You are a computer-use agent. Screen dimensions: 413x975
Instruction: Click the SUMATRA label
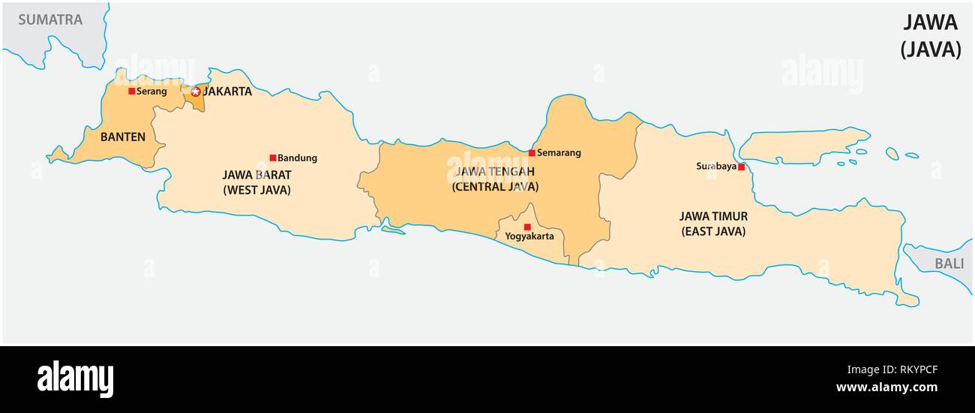(50, 20)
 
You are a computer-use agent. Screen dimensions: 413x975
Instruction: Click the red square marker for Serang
(132, 91)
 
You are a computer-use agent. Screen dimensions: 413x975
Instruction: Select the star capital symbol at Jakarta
(196, 92)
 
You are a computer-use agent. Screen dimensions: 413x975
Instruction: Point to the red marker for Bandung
(273, 158)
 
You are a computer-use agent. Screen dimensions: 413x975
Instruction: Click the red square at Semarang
(532, 152)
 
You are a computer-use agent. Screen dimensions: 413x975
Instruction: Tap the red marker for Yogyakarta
(527, 227)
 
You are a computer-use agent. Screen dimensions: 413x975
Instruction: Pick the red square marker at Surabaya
(741, 167)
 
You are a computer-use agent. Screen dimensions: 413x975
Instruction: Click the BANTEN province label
(123, 137)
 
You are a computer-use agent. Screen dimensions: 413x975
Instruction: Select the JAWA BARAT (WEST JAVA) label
(256, 182)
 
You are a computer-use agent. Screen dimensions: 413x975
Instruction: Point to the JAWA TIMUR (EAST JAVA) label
(713, 224)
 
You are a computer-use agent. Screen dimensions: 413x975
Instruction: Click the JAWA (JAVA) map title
(930, 36)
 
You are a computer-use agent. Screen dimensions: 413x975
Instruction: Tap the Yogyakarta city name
(529, 237)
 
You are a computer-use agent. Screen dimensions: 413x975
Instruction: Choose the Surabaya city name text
(715, 166)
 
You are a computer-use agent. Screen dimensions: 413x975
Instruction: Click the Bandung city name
(297, 158)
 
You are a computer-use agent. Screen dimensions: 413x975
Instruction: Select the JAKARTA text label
(228, 92)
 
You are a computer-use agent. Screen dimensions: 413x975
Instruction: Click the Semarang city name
(559, 152)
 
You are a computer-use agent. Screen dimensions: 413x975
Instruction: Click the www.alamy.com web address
(886, 387)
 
